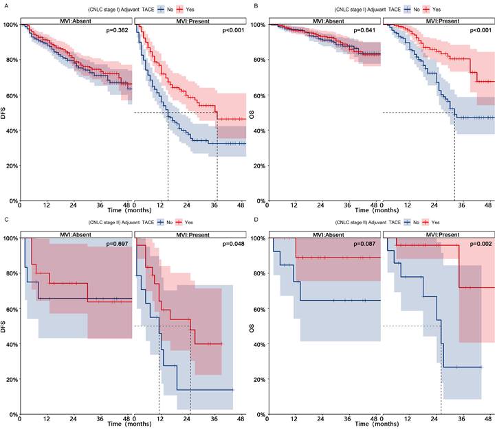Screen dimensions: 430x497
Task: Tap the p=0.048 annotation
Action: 232,245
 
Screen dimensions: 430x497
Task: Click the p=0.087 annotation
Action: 365,245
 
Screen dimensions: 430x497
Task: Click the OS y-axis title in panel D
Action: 255,326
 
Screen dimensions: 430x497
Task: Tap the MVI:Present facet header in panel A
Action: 190,21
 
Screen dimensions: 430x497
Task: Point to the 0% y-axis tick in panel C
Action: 11,414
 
